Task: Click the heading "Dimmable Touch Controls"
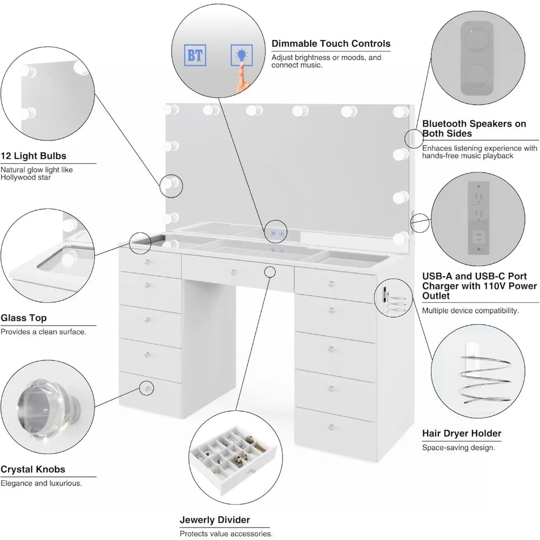330,44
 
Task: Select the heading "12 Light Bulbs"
33,156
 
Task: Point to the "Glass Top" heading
23,318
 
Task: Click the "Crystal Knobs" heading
33,470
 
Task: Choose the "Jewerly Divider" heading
215,520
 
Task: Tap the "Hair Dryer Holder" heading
462,433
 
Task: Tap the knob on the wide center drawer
233,271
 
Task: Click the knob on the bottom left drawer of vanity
146,387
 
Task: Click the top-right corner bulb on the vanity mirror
400,111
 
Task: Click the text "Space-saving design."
458,447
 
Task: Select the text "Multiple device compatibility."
470,310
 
